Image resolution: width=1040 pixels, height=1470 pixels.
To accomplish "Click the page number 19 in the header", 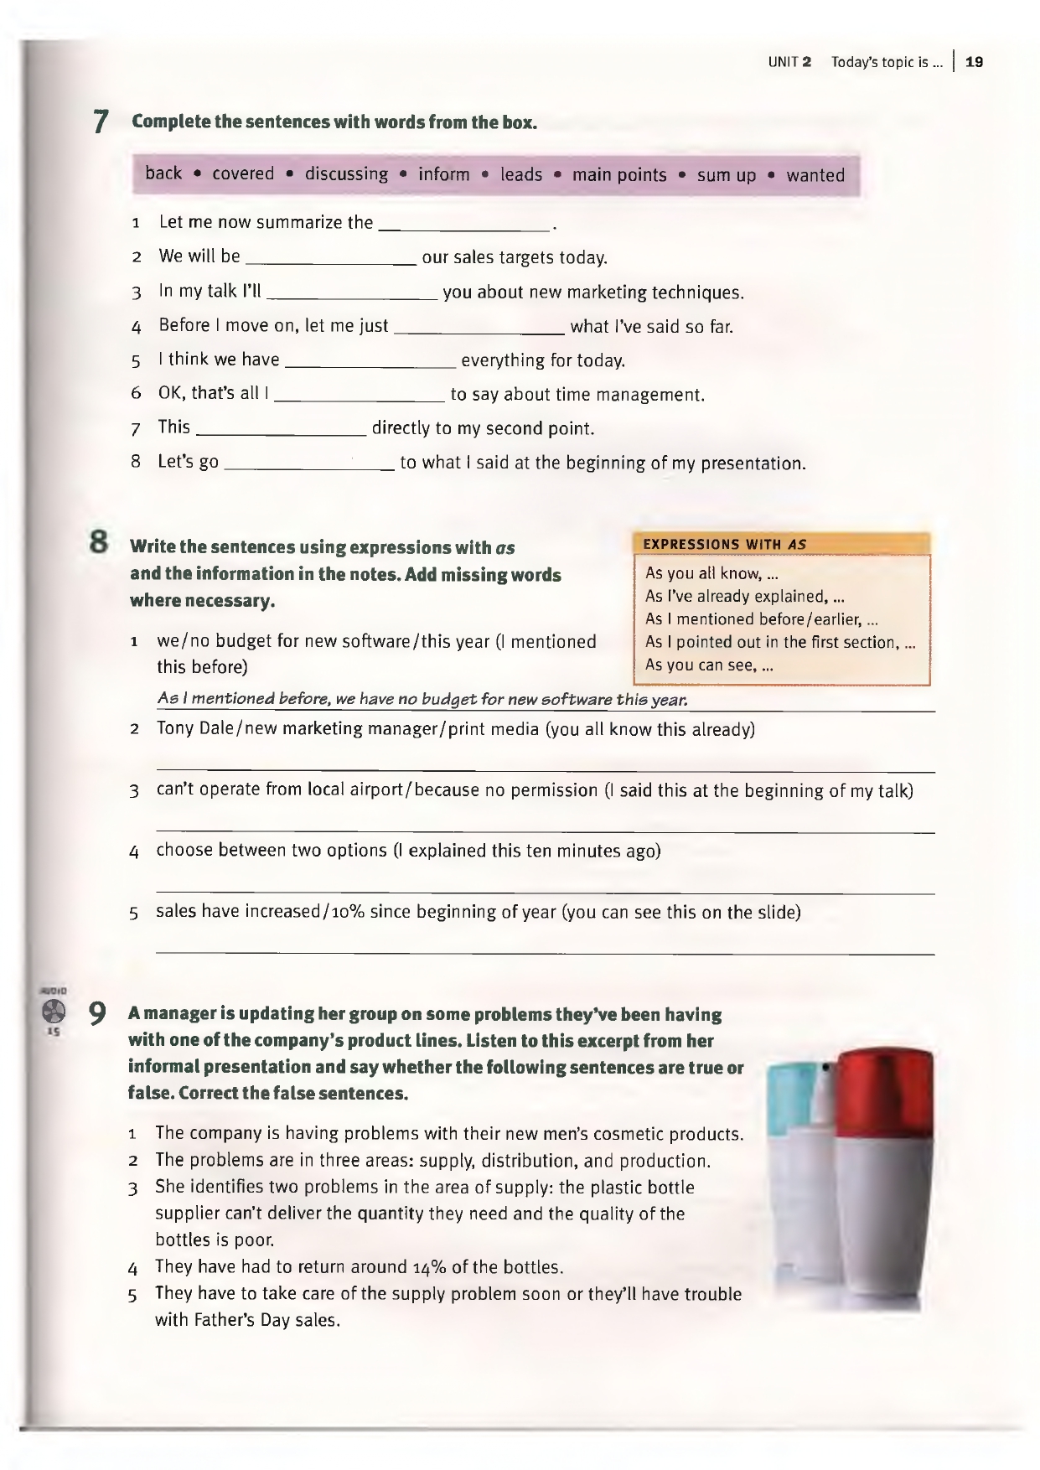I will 974,62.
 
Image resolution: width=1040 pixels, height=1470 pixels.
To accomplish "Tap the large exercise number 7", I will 101,122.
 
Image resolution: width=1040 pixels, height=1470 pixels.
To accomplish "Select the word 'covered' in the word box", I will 243,174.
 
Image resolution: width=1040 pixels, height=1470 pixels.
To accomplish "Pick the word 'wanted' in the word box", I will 815,175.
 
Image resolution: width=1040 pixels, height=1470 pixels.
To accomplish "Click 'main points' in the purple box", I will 619,175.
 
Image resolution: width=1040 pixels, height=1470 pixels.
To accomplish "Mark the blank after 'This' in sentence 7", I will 282,429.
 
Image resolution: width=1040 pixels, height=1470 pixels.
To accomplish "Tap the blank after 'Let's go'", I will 310,463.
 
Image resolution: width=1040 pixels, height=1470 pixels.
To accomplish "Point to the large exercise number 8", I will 100,543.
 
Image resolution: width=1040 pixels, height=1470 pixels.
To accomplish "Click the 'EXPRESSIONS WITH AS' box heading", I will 725,544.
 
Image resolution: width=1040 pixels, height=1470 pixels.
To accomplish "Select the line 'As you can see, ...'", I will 709,665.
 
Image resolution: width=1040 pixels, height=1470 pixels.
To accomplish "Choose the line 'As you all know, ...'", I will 712,574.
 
